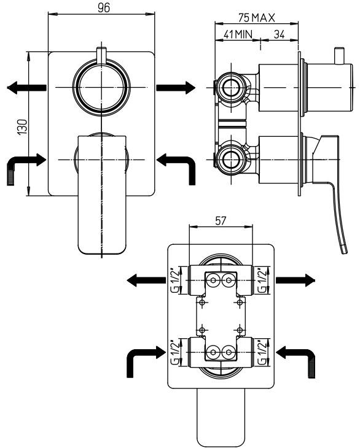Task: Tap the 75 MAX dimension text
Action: [x=256, y=18]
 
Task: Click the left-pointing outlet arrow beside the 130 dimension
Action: [x=26, y=88]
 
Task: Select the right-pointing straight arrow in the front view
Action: [x=175, y=88]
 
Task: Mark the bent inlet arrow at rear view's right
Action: [x=298, y=359]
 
